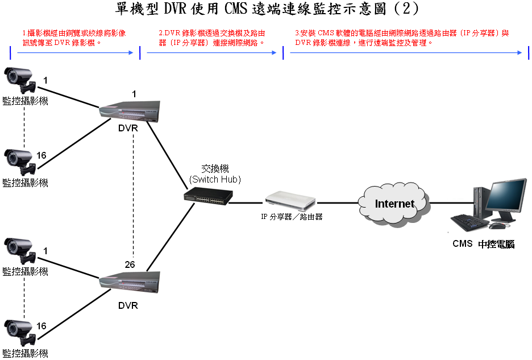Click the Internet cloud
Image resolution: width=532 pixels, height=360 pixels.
(394, 203)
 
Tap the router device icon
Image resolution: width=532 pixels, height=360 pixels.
(290, 200)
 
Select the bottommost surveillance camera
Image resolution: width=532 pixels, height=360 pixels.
(20, 332)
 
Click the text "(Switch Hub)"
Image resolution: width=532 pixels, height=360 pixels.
(215, 179)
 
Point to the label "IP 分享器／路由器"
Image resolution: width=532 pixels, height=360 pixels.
(292, 217)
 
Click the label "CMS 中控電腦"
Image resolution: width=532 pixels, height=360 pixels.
(484, 244)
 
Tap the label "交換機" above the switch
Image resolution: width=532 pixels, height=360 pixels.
(215, 169)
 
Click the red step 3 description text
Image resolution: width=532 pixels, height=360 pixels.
(401, 38)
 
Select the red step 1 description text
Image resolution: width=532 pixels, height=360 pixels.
(74, 38)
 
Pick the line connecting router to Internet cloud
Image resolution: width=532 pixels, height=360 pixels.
(338, 202)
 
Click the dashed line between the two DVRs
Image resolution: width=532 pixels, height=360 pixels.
(134, 193)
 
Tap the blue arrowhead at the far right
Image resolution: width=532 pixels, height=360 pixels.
(519, 52)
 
